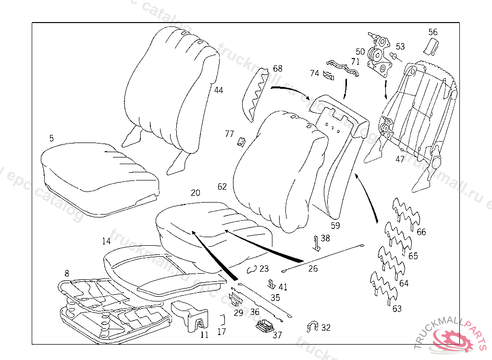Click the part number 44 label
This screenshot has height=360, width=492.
click(x=219, y=90)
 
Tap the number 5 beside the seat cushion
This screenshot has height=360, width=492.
click(x=51, y=138)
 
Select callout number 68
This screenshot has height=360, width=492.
click(x=278, y=69)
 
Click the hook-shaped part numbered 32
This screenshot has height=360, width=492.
click(x=312, y=327)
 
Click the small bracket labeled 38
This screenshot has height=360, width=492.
click(x=316, y=243)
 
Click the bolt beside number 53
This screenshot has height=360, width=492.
click(x=394, y=57)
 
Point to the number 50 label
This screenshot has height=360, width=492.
click(x=360, y=51)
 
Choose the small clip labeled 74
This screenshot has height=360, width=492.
click(x=329, y=75)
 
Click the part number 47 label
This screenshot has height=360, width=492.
click(x=400, y=159)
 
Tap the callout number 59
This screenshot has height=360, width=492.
click(x=335, y=224)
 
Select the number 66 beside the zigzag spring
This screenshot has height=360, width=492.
click(x=421, y=232)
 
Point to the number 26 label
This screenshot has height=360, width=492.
click(x=313, y=268)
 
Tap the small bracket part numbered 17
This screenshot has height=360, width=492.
click(x=223, y=319)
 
